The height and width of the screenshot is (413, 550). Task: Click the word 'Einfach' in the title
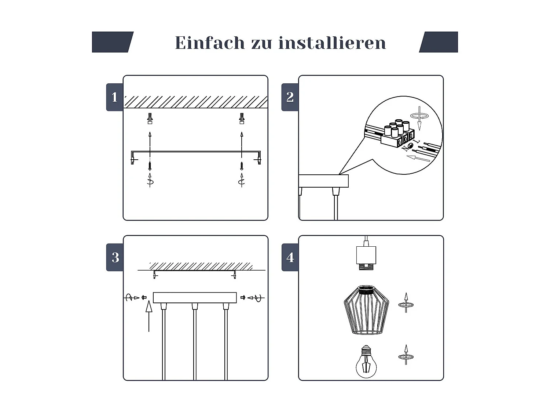point(210,43)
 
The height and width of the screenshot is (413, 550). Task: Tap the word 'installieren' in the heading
point(332,43)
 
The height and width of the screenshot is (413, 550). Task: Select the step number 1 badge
point(115,97)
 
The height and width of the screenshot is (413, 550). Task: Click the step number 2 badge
point(290,97)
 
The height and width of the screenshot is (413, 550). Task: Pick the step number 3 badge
point(115,257)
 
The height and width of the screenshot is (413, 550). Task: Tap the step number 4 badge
point(290,257)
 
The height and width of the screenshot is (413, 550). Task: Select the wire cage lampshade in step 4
point(366,310)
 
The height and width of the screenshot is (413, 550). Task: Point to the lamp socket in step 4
point(366,257)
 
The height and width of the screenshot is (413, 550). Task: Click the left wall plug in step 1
point(150,119)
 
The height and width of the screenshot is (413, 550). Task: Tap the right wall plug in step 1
point(242,119)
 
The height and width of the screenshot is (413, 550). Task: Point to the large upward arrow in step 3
point(149,316)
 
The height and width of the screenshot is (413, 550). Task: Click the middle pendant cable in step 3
point(195,341)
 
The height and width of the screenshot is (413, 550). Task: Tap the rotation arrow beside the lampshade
point(406,303)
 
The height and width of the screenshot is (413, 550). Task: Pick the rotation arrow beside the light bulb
point(406,355)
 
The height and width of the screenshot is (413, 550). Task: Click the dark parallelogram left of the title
point(112,42)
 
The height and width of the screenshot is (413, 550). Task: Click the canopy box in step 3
point(195,297)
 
